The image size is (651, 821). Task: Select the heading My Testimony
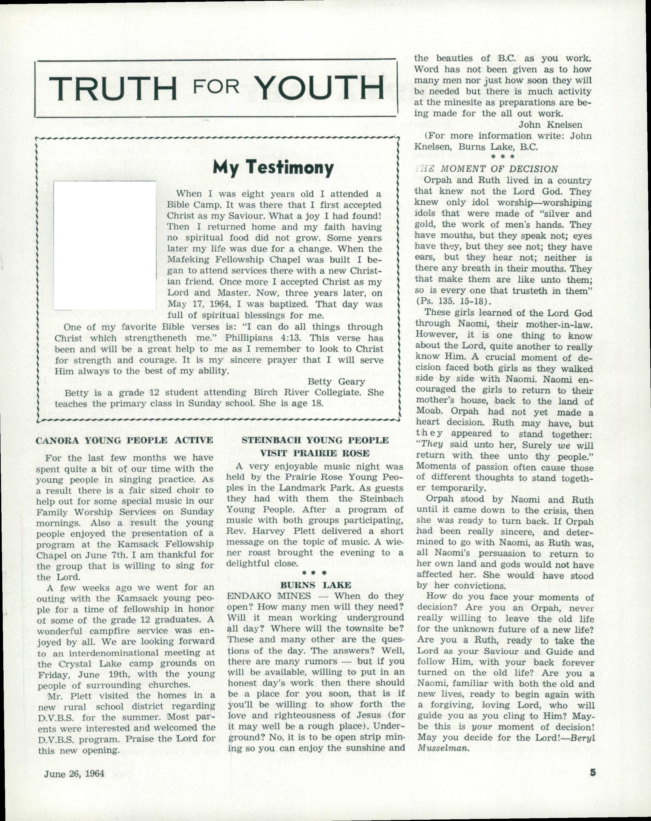click(273, 168)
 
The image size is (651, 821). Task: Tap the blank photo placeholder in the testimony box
click(105, 246)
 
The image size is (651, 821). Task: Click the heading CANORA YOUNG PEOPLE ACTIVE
click(124, 441)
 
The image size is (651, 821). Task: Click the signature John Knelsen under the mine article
click(550, 124)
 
